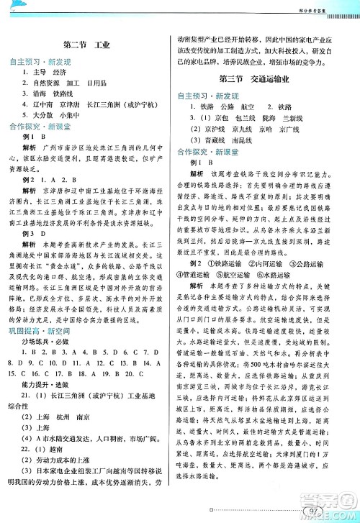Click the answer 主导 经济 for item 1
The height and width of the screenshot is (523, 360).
point(58,73)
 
